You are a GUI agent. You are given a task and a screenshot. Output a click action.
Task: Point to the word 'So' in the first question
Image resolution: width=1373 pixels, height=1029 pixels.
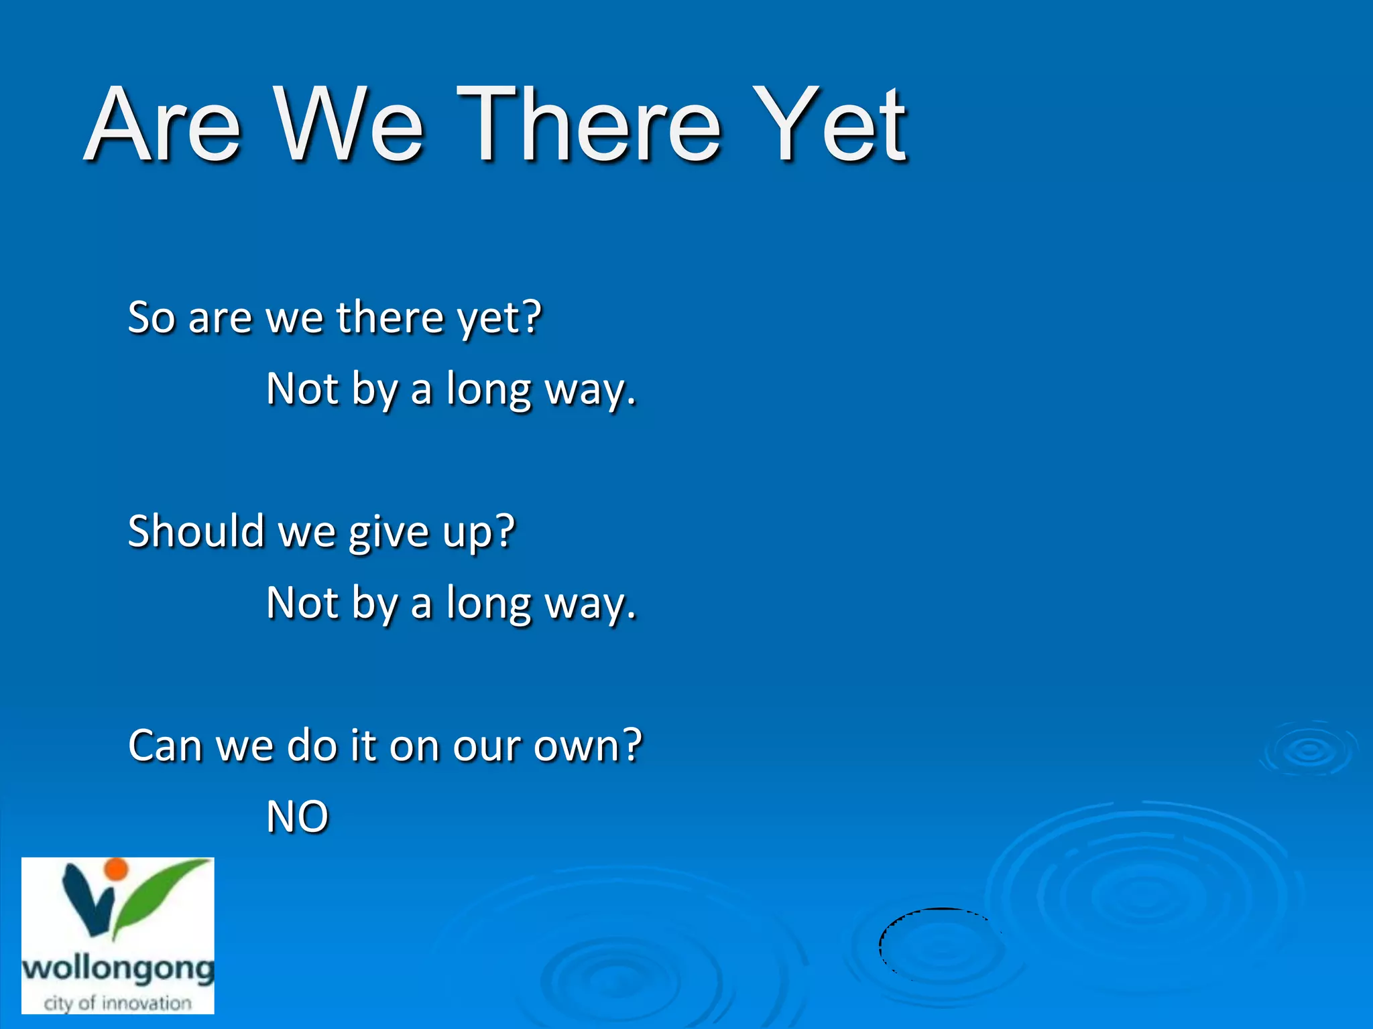[152, 317]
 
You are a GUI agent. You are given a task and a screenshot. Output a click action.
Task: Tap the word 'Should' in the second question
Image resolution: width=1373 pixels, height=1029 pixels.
[195, 531]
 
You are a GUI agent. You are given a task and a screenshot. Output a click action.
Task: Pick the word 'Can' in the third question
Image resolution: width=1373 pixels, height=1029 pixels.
[165, 746]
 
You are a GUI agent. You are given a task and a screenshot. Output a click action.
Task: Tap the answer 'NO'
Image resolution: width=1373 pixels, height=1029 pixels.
[297, 817]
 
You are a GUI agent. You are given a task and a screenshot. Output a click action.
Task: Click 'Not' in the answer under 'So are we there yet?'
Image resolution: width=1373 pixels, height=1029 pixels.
[302, 389]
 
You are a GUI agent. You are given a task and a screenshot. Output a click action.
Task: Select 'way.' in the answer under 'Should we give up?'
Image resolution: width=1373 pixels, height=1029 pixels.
[590, 604]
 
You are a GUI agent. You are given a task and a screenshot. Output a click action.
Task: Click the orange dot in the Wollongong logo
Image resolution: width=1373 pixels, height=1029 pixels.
[117, 869]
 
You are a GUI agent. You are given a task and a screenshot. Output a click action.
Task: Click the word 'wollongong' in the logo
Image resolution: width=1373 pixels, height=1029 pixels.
[118, 969]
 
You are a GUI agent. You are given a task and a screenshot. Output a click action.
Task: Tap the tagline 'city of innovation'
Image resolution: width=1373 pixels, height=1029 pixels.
[118, 1004]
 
